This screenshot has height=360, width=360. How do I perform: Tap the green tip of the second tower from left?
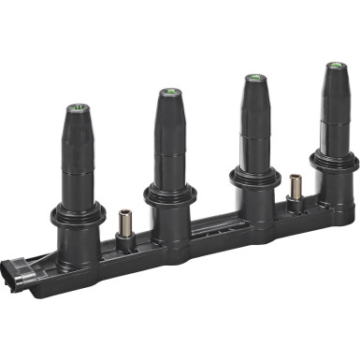coord(168,93)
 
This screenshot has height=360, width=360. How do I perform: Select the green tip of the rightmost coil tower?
coord(333,66)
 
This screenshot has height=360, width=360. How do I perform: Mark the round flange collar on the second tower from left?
coord(169,194)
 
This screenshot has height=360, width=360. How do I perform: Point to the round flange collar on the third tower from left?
coord(254,176)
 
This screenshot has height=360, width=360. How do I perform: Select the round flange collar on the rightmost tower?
coord(334,161)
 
